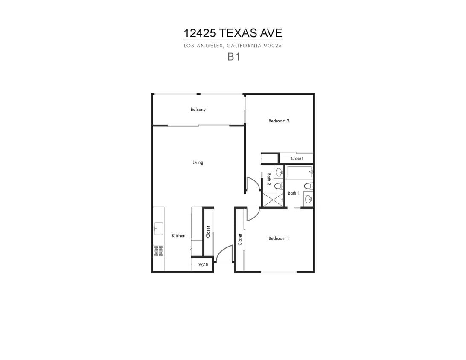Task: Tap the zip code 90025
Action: click(273, 46)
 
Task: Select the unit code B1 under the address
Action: click(233, 57)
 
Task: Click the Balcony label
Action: click(198, 110)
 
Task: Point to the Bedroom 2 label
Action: click(279, 121)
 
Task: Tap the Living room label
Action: click(198, 162)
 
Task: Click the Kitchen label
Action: click(179, 235)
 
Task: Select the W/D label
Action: click(203, 264)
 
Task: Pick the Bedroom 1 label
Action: click(279, 238)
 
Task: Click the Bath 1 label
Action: click(294, 193)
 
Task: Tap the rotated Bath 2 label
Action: click(269, 179)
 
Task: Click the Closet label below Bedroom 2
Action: click(297, 158)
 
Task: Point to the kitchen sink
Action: click(158, 229)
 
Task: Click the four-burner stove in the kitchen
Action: click(158, 251)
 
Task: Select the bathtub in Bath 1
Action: click(299, 172)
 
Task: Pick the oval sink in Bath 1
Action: click(308, 199)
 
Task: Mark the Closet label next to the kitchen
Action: click(208, 232)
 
